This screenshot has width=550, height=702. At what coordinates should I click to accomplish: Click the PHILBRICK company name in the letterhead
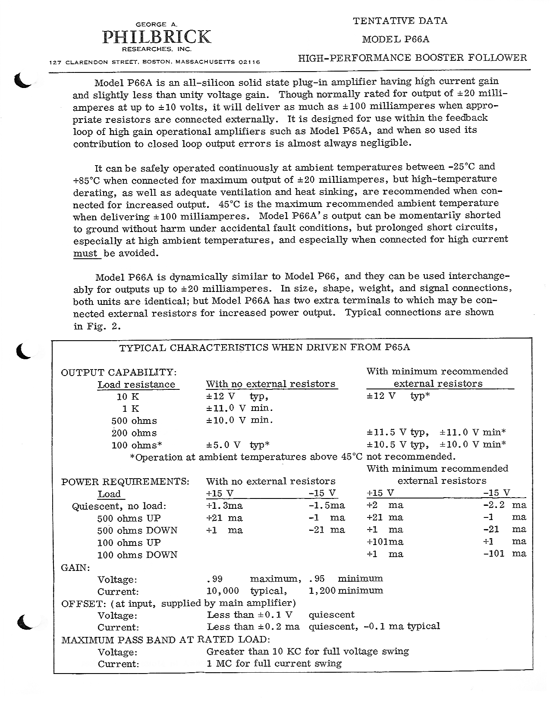point(157,37)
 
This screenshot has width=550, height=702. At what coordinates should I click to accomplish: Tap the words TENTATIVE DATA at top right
point(400,21)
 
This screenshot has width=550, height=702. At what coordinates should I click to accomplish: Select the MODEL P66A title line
point(396,39)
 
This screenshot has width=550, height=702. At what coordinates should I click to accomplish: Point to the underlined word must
point(85,254)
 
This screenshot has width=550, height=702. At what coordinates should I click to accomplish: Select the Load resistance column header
point(136,385)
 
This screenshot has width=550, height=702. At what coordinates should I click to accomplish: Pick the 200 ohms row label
point(134,433)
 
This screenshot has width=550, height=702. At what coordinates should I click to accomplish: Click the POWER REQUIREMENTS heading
point(125,482)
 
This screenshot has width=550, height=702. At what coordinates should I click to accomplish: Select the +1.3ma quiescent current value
point(224,505)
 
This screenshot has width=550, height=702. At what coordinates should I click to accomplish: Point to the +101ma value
point(385,542)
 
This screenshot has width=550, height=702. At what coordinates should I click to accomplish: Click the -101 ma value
point(504,554)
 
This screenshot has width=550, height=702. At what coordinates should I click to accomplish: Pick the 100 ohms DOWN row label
point(137,555)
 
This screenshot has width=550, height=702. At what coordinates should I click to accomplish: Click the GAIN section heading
point(75,567)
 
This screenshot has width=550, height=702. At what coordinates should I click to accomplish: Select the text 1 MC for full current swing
point(274,664)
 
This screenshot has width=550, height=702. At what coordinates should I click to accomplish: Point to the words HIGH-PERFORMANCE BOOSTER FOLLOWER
point(412,58)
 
